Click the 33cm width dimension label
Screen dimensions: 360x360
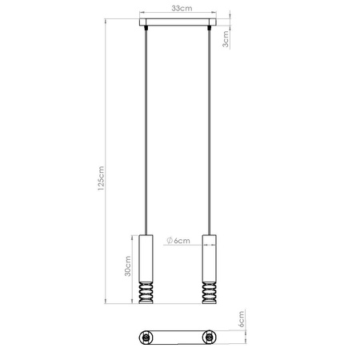(x=182, y=8)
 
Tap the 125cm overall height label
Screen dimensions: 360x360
(x=101, y=178)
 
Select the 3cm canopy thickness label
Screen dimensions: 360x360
(x=226, y=39)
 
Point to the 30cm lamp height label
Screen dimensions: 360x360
(x=128, y=266)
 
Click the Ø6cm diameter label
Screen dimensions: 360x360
(x=178, y=241)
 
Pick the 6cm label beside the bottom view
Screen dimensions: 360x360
(x=241, y=319)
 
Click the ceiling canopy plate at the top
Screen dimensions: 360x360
(x=178, y=22)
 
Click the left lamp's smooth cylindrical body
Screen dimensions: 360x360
(x=146, y=258)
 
